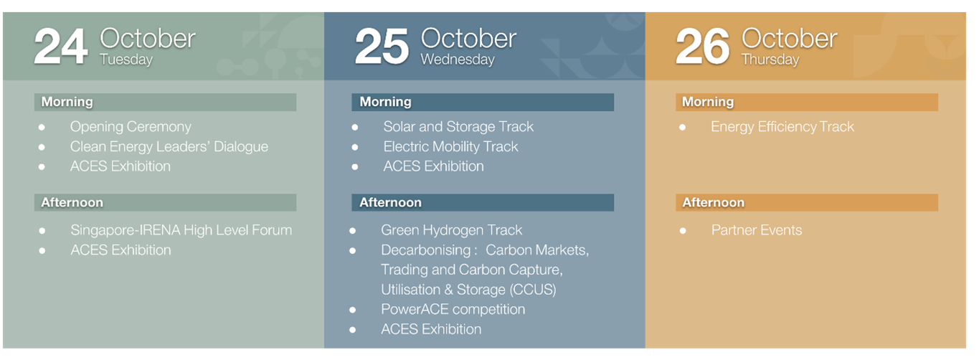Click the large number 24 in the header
[x=61, y=47]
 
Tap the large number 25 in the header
[x=382, y=47]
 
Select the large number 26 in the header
[x=702, y=47]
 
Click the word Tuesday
[x=126, y=60]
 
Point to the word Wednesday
[x=458, y=60]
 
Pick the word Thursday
[x=770, y=60]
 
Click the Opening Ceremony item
[x=131, y=127]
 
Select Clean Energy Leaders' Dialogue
[x=169, y=147]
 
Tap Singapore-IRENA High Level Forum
[x=181, y=230]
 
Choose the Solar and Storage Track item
[x=458, y=127]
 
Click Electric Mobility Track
[x=450, y=147]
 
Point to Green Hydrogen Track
[x=451, y=230]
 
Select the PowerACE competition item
[x=453, y=309]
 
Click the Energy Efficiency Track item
[x=782, y=127]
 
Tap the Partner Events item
[x=757, y=230]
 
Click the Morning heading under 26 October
[x=708, y=102]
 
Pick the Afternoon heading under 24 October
[x=72, y=203]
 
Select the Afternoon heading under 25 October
[x=390, y=203]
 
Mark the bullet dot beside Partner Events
[x=683, y=231]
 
